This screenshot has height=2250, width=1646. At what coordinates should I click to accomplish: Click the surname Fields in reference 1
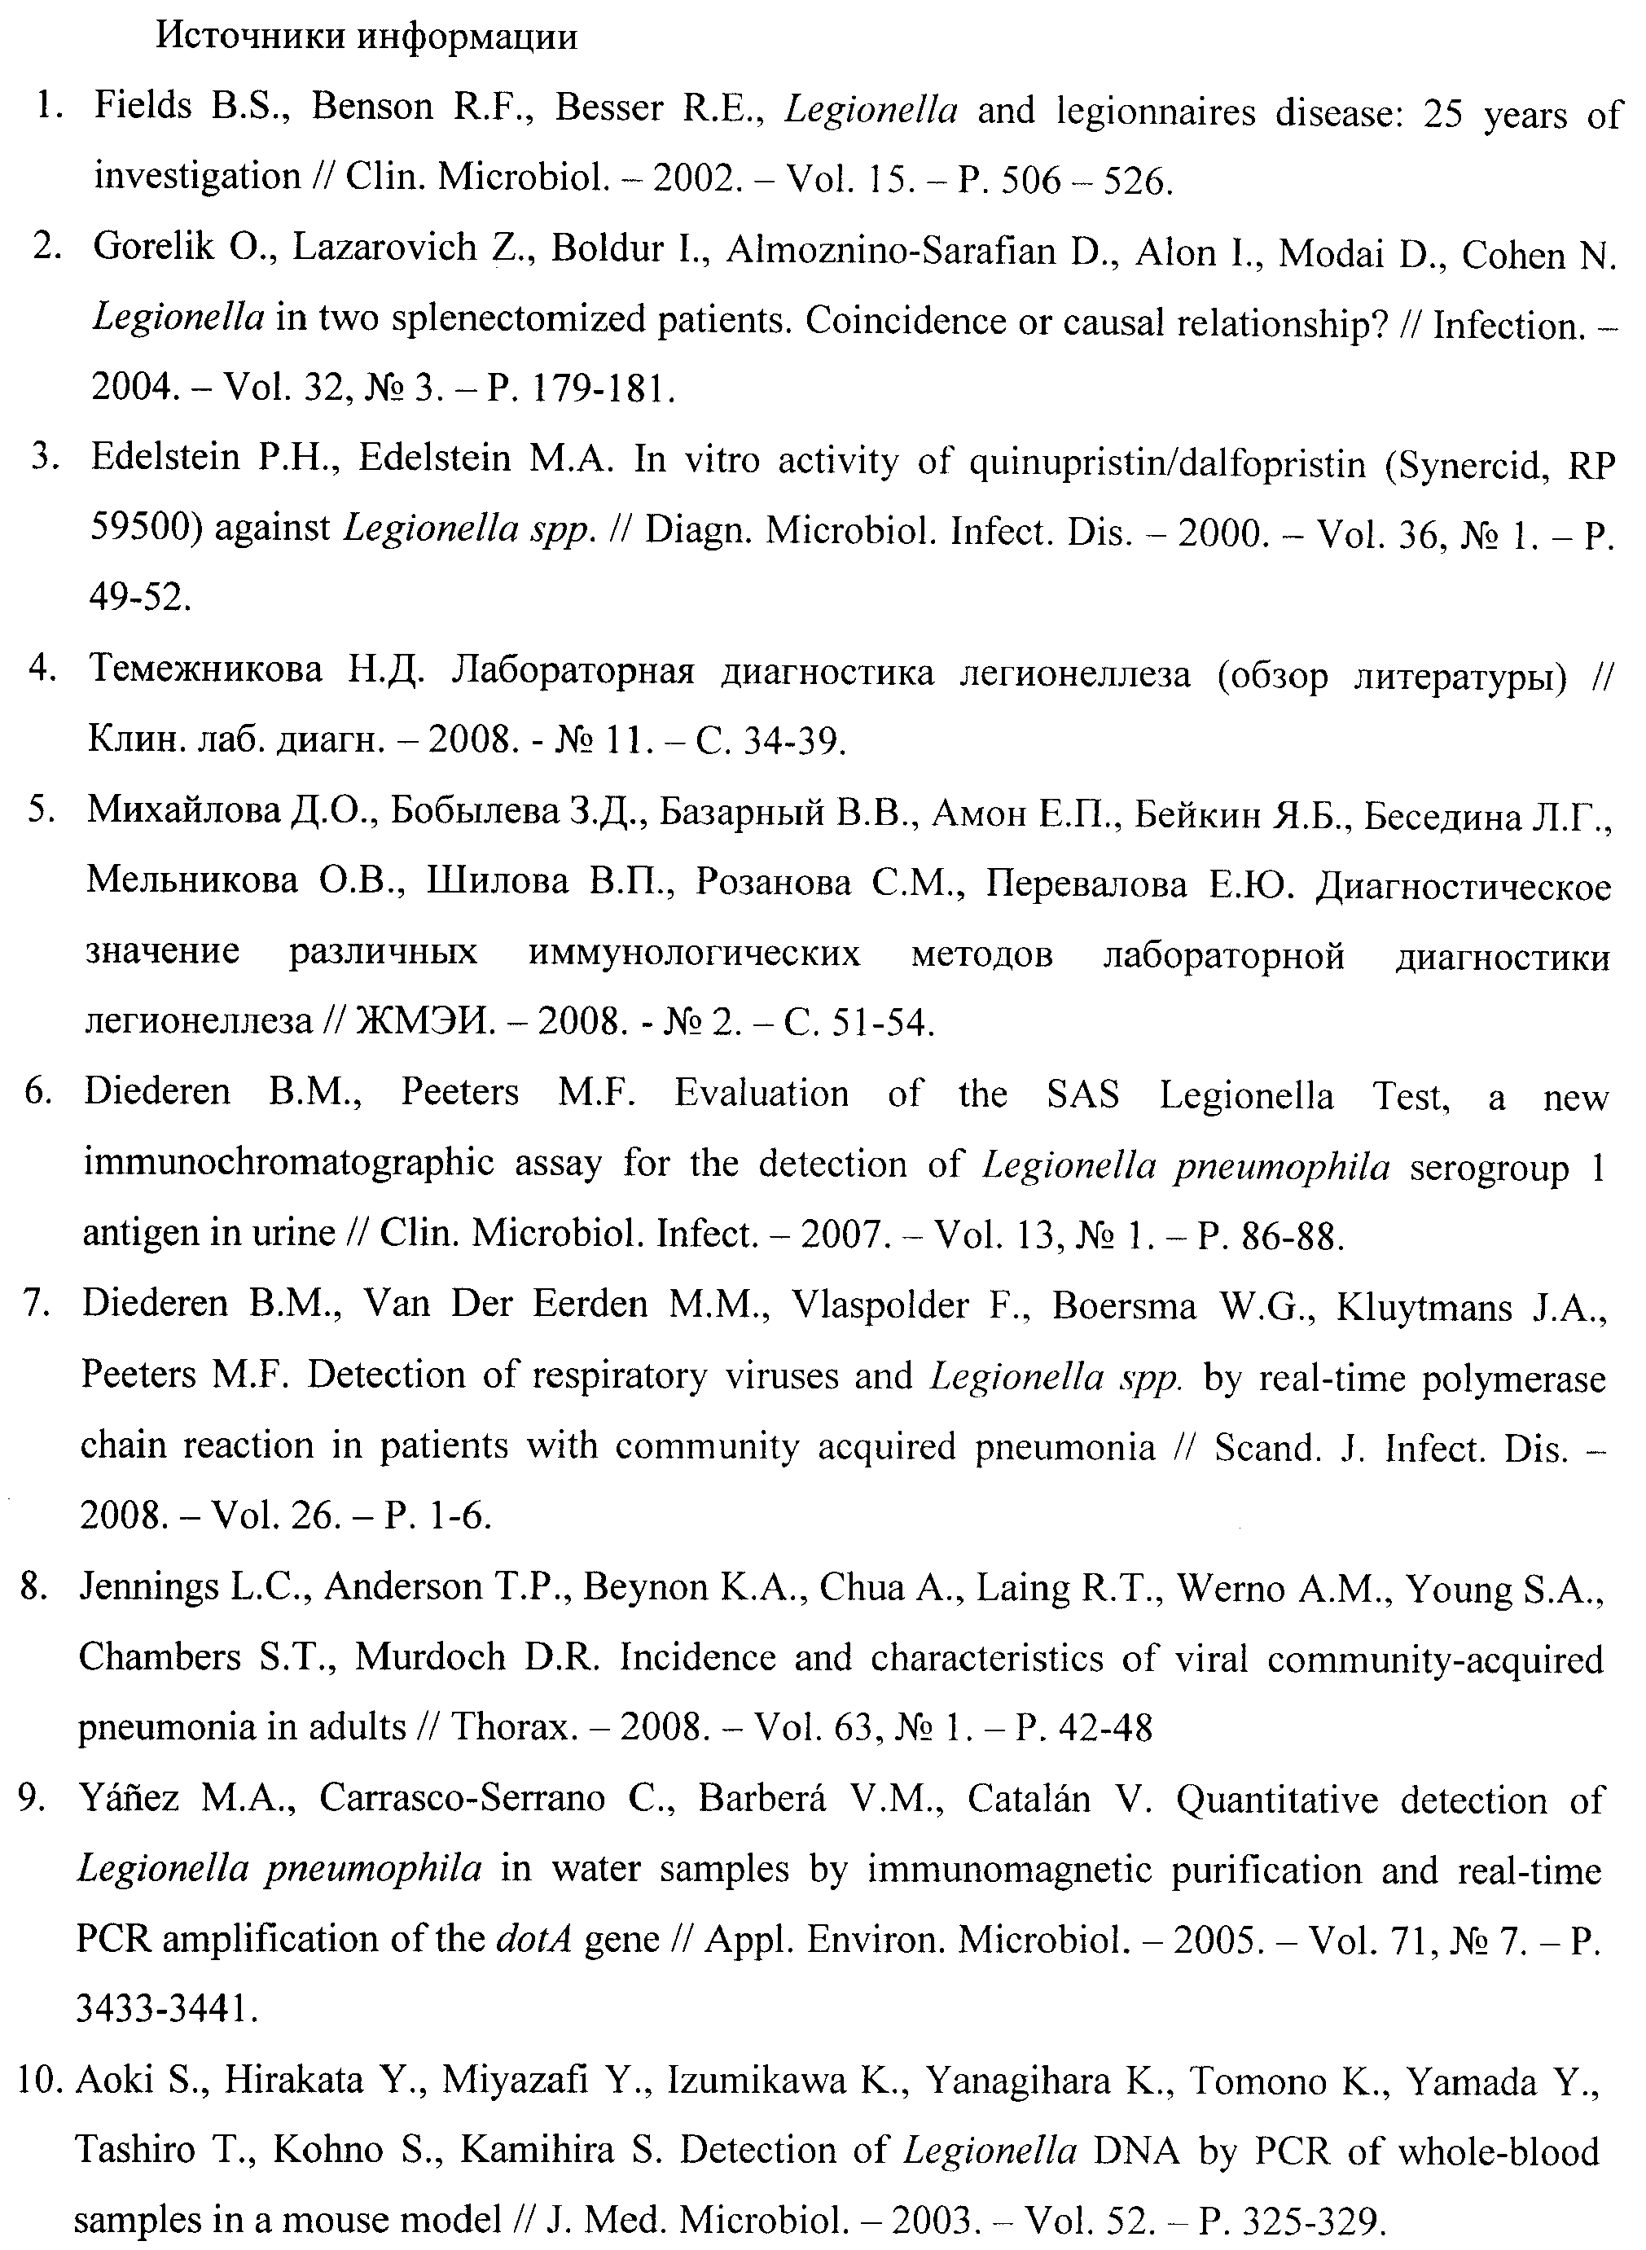click(x=143, y=107)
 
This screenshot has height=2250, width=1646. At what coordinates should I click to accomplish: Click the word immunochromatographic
click(x=289, y=1162)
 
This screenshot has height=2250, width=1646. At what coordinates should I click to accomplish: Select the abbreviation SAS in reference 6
click(x=1083, y=1094)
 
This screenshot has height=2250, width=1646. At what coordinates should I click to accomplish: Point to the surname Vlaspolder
click(x=879, y=1305)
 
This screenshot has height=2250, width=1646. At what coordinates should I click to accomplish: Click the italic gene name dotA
click(x=534, y=1939)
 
